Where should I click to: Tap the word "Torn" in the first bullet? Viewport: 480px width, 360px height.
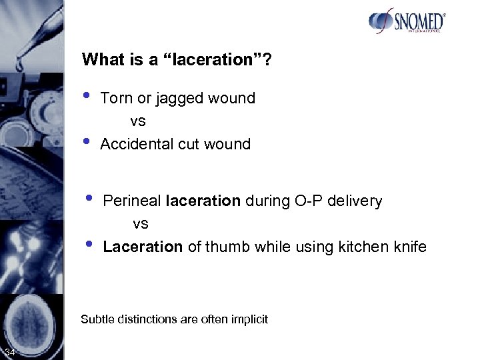pyautogui.click(x=114, y=99)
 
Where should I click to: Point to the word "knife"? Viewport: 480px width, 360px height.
pyautogui.click(x=411, y=247)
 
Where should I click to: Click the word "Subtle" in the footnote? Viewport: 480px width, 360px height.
pyautogui.click(x=97, y=319)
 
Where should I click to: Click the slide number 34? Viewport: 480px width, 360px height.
pyautogui.click(x=11, y=352)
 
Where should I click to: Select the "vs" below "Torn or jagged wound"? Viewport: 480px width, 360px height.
pyautogui.click(x=138, y=121)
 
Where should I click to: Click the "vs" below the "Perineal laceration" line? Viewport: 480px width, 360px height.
pyautogui.click(x=141, y=223)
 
